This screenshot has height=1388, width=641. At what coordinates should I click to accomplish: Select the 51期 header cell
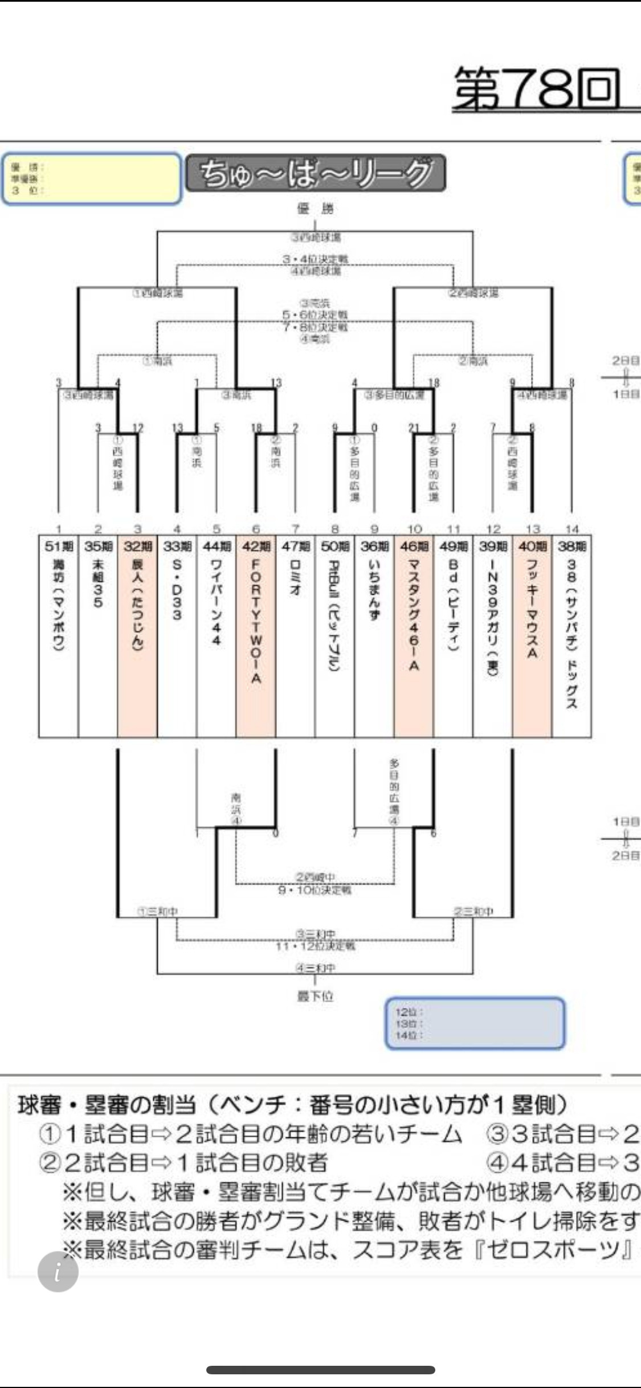[x=59, y=546]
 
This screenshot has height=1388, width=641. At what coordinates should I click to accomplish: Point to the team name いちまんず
[x=374, y=590]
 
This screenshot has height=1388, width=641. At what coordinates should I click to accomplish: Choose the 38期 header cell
[x=571, y=546]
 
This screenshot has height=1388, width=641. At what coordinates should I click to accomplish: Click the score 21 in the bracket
[x=414, y=428]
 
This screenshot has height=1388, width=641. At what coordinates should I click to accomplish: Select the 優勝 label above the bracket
[x=315, y=209]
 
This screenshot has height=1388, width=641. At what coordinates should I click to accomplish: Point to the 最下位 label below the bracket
[x=315, y=996]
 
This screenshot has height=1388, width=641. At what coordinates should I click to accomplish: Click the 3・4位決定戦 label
[x=315, y=259]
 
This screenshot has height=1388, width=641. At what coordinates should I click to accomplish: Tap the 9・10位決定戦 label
[x=315, y=890]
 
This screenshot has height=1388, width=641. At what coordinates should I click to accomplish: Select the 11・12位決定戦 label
[x=315, y=946]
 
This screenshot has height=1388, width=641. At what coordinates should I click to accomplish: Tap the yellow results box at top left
[x=91, y=178]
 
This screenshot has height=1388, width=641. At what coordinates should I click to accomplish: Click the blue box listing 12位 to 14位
[x=475, y=1023]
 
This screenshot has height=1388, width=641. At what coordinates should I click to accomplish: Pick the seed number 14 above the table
[x=571, y=529]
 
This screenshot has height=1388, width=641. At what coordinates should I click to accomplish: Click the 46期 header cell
[x=414, y=546]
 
